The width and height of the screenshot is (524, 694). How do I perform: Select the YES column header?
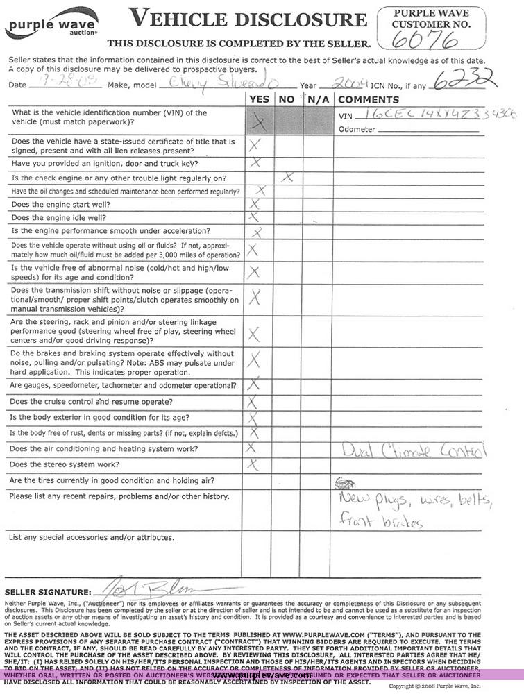[x=259, y=99]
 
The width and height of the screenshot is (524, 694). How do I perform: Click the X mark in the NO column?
[x=287, y=178]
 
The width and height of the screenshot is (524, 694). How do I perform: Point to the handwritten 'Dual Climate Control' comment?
[x=414, y=451]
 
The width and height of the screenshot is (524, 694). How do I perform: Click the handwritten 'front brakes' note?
[x=381, y=521]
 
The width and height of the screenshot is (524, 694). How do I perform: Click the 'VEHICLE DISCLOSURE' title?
[x=247, y=19]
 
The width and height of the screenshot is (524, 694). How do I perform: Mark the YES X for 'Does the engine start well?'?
[x=254, y=204]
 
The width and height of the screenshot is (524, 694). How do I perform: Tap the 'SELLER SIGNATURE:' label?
[x=48, y=593]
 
